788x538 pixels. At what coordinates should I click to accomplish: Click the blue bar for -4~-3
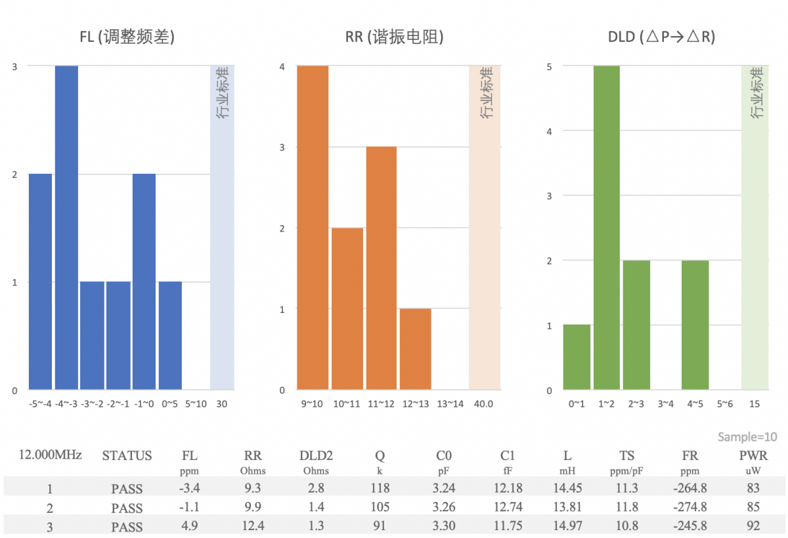(66, 227)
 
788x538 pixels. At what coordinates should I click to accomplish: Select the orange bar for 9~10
(313, 227)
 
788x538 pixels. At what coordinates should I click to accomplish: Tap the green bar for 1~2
(607, 227)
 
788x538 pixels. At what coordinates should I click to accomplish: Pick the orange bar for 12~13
(415, 348)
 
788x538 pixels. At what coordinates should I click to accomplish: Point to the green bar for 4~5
(695, 325)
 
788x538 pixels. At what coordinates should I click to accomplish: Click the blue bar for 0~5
(170, 335)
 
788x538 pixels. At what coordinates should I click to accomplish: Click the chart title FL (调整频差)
(127, 37)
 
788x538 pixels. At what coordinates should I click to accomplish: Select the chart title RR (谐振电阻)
(395, 37)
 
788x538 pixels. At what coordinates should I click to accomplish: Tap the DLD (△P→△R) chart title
(661, 37)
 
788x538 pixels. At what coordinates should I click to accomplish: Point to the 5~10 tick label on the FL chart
(196, 403)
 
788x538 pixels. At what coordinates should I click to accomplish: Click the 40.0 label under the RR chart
(485, 403)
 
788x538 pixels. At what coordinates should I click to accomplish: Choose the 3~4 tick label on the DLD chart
(665, 403)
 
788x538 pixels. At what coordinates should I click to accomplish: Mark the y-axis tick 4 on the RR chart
(282, 66)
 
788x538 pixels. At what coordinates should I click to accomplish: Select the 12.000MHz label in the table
(50, 455)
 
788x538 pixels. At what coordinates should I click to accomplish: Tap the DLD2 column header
(316, 455)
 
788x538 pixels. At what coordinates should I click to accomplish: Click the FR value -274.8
(689, 507)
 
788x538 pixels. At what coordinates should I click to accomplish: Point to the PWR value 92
(753, 526)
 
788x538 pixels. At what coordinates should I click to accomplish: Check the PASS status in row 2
(127, 508)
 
